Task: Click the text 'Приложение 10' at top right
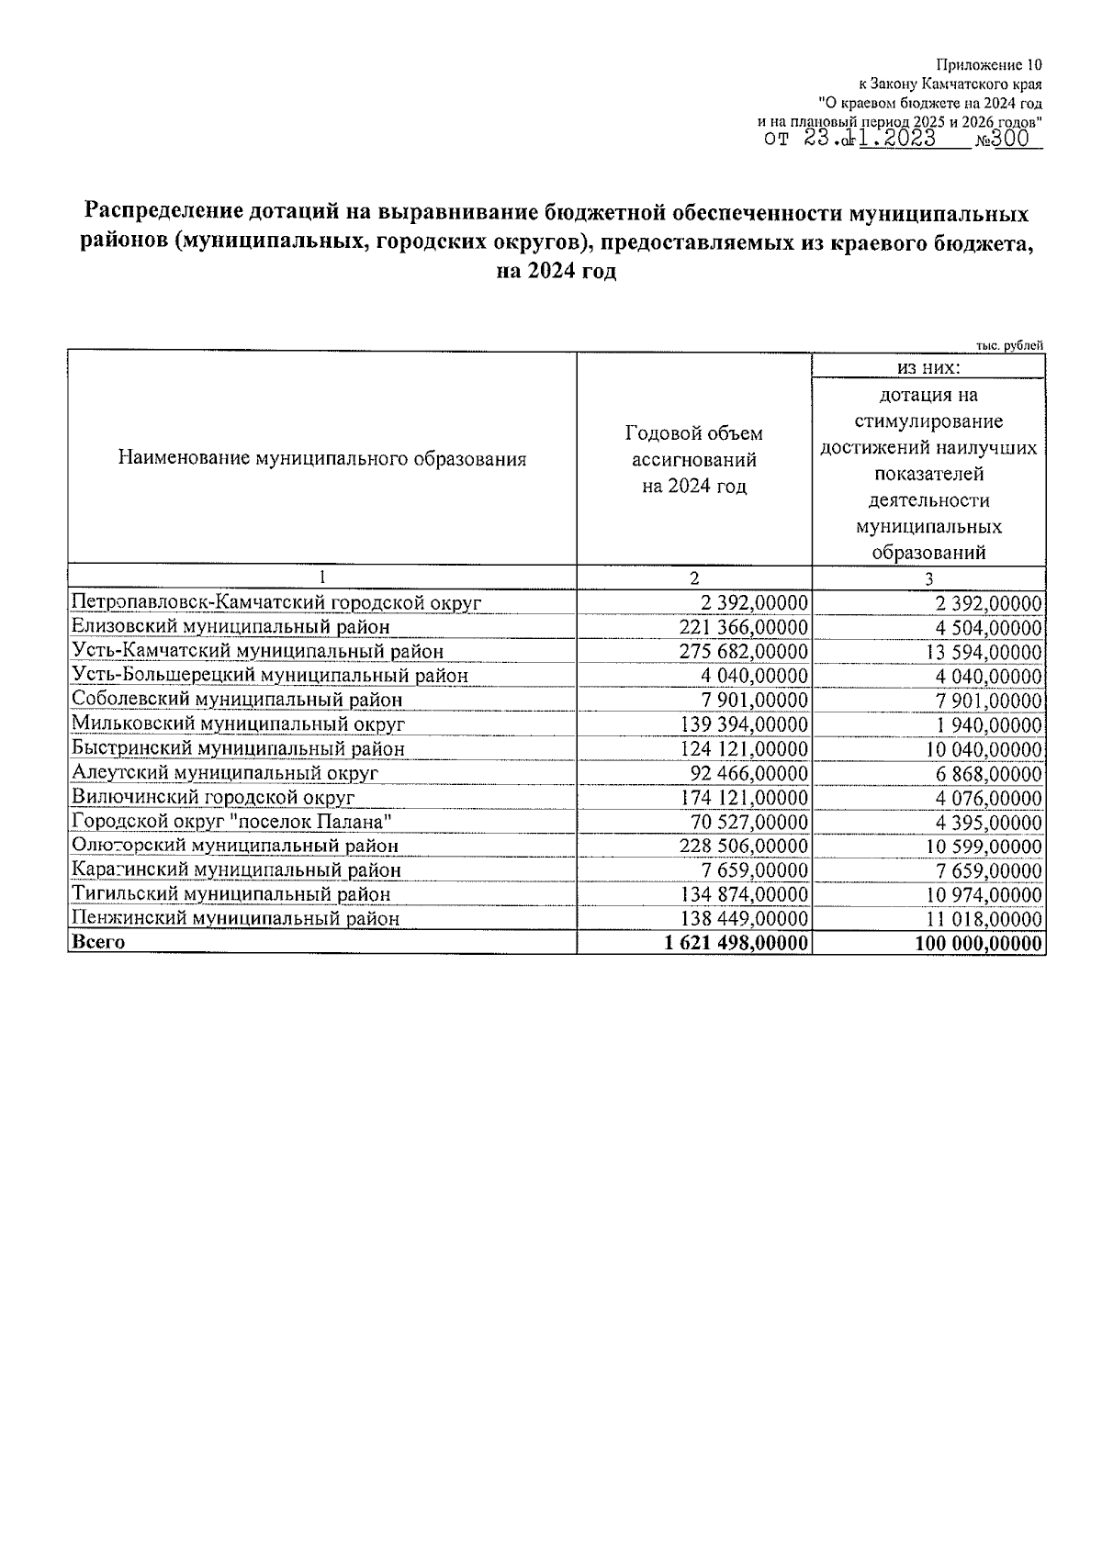point(989,65)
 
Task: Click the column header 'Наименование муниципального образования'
point(322,459)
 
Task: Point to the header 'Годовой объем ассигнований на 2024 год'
point(693,459)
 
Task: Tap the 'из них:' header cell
point(928,367)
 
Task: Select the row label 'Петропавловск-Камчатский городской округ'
point(276,603)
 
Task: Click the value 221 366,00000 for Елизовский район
point(745,627)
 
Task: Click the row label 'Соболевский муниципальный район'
point(237,700)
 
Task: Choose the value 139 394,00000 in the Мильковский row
point(745,724)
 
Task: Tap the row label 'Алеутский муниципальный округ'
point(225,773)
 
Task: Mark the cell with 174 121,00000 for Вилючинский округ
point(745,797)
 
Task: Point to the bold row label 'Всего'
point(98,942)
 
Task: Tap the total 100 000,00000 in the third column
point(978,943)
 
